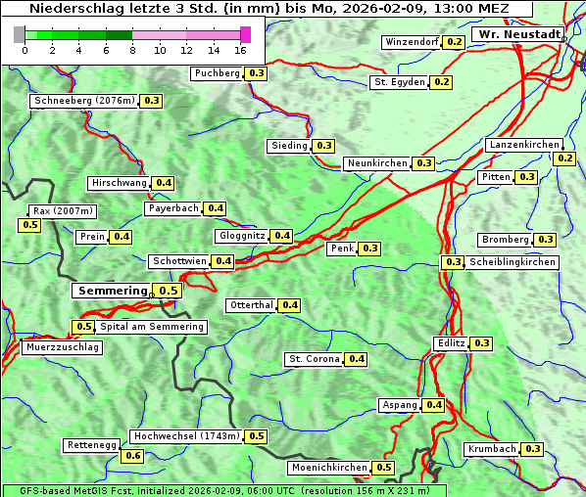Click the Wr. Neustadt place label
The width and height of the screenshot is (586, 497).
518,34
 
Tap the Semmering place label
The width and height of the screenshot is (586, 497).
112,291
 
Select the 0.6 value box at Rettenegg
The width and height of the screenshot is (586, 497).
133,456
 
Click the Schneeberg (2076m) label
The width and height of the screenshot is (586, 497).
84,101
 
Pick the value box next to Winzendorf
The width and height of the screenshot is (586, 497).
454,42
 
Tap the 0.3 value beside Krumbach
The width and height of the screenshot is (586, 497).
532,449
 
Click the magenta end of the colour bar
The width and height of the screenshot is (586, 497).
245,34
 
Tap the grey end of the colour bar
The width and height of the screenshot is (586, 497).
20,34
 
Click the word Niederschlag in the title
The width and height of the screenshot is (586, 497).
73,9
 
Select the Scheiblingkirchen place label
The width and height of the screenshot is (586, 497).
511,262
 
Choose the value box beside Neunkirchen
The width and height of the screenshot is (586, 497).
423,163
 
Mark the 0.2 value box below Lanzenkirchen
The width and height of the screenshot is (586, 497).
564,158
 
